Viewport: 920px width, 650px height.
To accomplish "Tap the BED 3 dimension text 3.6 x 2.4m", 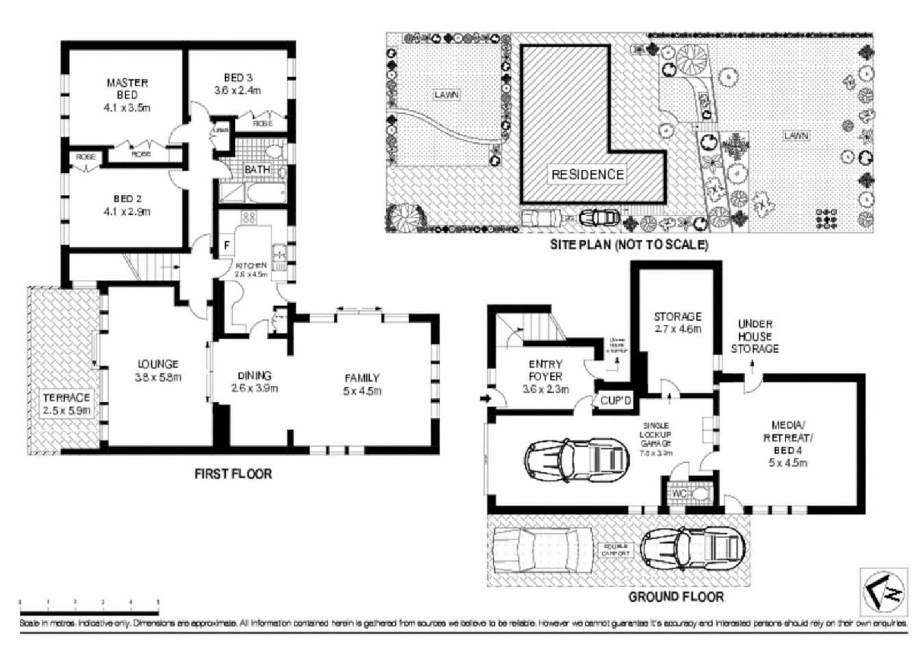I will tap(238, 91).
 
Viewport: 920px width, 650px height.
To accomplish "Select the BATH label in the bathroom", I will tap(257, 170).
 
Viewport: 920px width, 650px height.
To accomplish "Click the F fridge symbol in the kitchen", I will tap(227, 246).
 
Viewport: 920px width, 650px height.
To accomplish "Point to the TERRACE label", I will tap(66, 398).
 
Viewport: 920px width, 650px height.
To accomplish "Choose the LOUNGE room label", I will tap(158, 364).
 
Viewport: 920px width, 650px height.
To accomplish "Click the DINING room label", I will tap(254, 376).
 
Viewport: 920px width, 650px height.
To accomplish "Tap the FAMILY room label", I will tap(362, 378).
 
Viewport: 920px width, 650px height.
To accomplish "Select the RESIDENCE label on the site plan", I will tap(588, 175).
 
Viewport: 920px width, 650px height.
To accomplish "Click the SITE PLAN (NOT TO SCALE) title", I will tap(629, 244).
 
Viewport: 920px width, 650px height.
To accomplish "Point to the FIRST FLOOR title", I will tap(233, 474).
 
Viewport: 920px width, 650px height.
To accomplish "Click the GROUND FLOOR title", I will tap(676, 597).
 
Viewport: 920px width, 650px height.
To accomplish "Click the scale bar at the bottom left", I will tap(89, 602).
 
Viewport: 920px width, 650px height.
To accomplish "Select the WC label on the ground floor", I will tap(679, 494).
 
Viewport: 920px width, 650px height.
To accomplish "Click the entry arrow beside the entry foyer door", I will tap(485, 398).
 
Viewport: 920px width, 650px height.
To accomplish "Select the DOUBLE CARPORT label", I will tap(616, 550).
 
